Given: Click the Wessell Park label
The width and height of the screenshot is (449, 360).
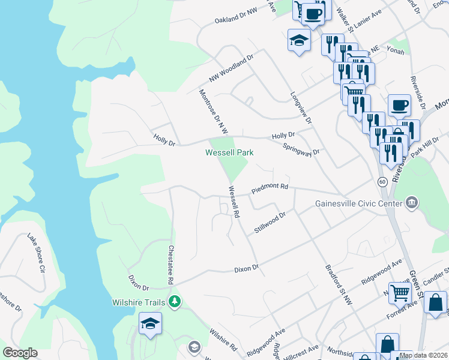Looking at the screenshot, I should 229,152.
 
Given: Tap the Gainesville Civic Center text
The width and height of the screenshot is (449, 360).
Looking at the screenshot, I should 358,203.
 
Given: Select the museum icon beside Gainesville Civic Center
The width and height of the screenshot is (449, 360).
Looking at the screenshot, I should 412,202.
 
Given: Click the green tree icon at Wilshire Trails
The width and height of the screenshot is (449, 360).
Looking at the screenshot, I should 175,301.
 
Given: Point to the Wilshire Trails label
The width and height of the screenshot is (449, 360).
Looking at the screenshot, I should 138,302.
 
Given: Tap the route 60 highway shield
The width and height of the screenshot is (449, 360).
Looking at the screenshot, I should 382,181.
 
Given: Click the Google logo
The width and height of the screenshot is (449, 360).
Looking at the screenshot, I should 20,353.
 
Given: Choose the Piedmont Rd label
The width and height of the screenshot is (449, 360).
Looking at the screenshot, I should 270,187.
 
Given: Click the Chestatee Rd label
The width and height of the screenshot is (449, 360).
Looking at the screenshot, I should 171,265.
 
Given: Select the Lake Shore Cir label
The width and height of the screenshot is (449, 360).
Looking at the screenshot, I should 35,253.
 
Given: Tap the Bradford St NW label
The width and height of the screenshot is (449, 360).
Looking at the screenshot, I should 339,285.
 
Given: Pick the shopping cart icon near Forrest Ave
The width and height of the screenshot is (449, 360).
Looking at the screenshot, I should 399,293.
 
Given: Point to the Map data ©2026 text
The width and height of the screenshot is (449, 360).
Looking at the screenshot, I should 423,355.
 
